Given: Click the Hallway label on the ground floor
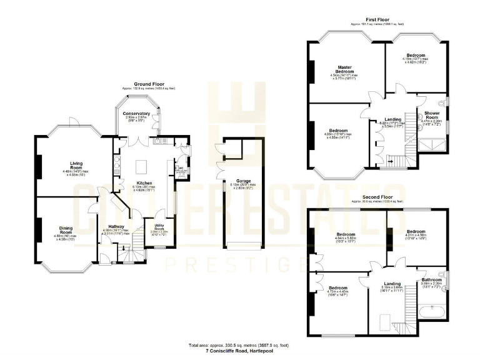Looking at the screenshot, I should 116,226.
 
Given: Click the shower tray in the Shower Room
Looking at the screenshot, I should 432,145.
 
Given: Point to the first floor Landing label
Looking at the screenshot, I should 392,119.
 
